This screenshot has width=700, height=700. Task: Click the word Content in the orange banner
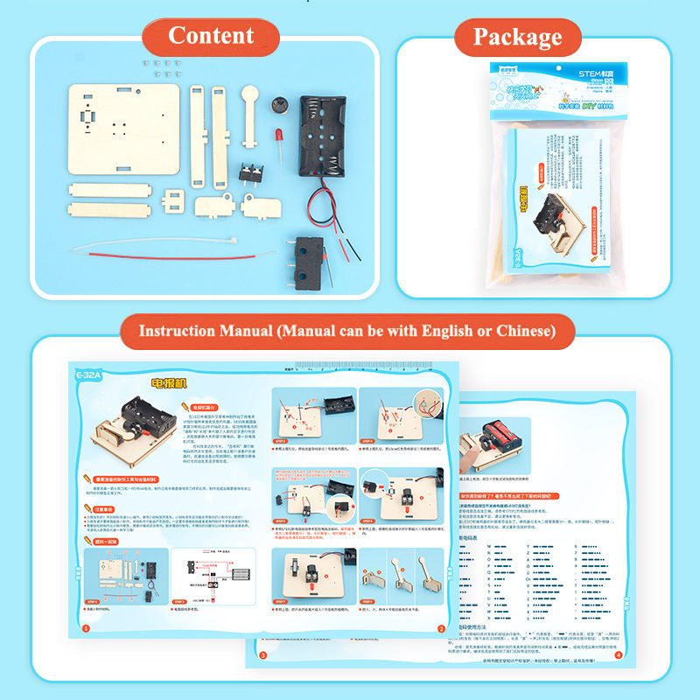tap(211, 35)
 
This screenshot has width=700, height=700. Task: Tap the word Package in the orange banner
tap(517, 37)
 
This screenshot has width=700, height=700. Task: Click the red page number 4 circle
tap(618, 654)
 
